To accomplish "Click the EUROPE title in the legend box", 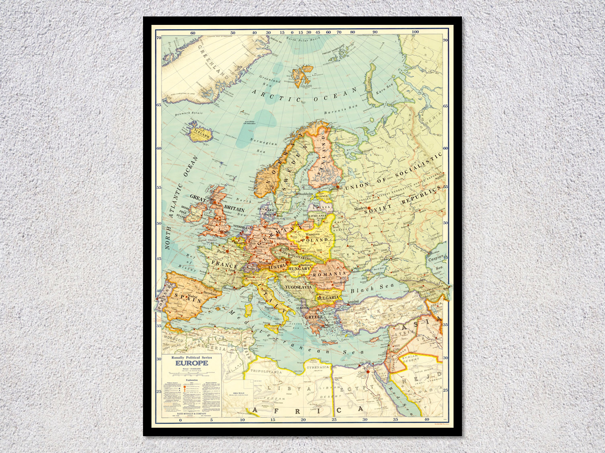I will coord(192,363).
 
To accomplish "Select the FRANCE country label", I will coord(225,265).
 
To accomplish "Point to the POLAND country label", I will coord(317,240).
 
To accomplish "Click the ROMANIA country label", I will coord(332,273).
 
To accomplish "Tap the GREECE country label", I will coord(315,317).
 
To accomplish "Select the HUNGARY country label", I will coord(300,268).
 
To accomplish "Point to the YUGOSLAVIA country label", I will coord(298,287).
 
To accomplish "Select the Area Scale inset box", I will coord(238,394).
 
